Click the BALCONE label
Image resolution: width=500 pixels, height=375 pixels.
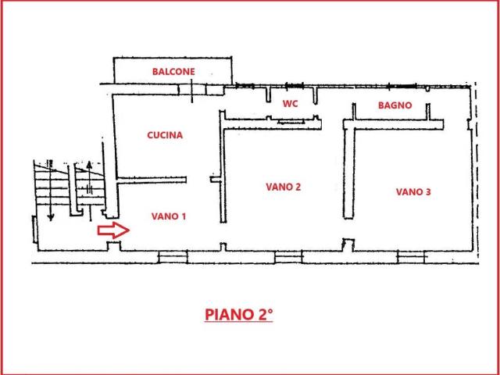[x=173, y=71]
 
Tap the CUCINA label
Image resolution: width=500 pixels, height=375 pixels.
[x=165, y=135]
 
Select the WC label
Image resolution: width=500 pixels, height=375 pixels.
[x=290, y=104]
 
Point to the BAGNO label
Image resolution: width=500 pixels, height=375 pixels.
[x=395, y=105]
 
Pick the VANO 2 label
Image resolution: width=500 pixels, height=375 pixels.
[x=284, y=187]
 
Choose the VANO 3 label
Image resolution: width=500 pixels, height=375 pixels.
[x=413, y=191]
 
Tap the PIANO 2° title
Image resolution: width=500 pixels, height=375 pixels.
[x=239, y=315]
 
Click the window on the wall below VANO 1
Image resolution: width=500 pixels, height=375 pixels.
[x=173, y=256]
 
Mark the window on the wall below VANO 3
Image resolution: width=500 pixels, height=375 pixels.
[x=411, y=256]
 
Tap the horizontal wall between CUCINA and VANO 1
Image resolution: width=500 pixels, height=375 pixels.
[x=152, y=178]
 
